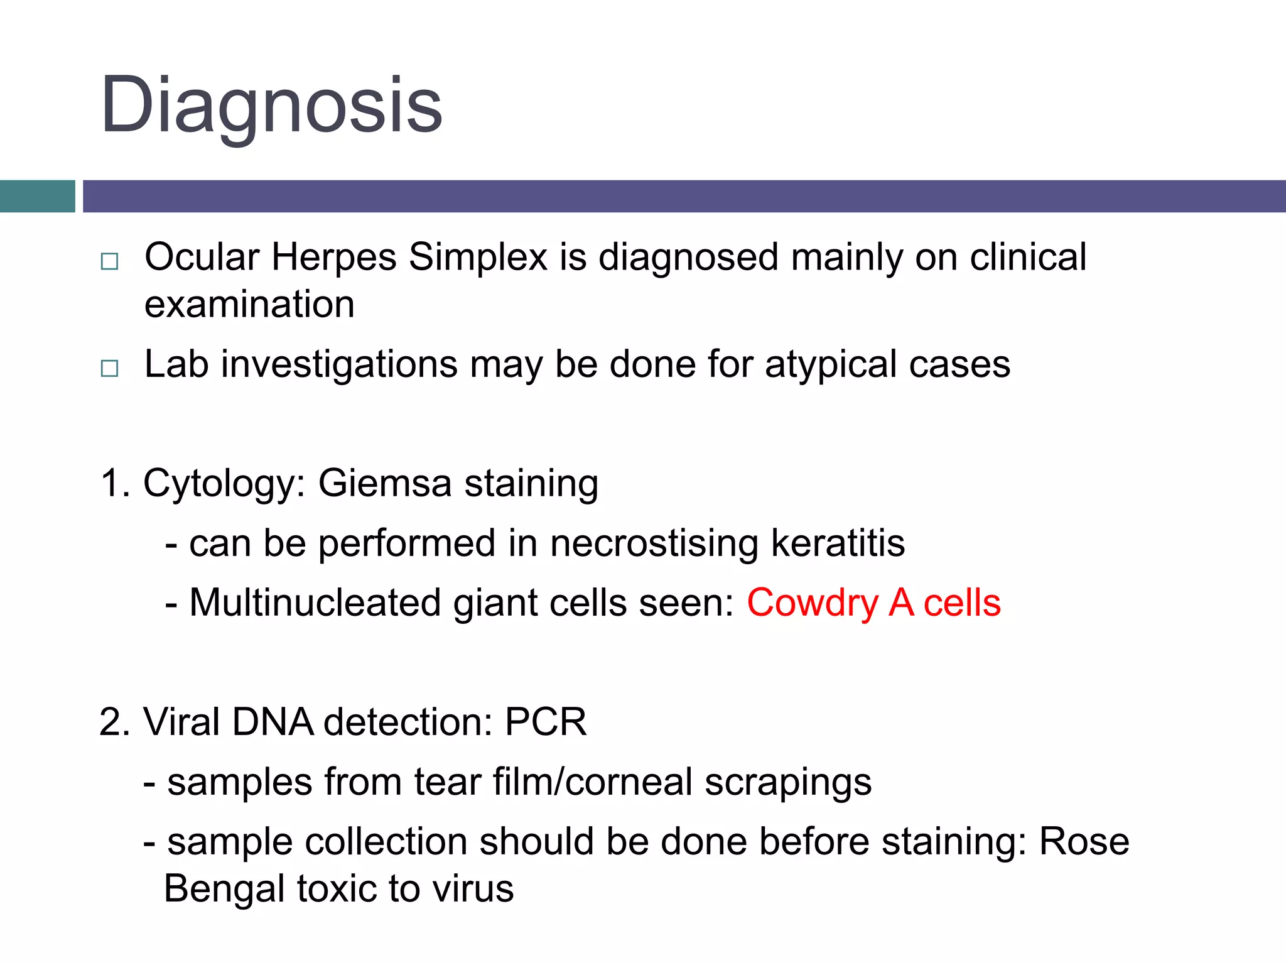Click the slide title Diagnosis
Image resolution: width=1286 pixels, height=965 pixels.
(x=271, y=106)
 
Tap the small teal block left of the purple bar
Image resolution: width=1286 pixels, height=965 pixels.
(x=37, y=196)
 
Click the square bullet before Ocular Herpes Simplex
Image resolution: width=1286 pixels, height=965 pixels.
(x=109, y=261)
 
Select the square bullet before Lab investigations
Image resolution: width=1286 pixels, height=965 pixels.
(x=109, y=368)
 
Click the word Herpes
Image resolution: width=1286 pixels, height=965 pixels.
(x=334, y=258)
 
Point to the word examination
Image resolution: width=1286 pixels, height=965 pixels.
(x=249, y=305)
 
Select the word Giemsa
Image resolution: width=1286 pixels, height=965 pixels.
(x=385, y=484)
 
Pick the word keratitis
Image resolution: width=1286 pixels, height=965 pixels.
(x=838, y=543)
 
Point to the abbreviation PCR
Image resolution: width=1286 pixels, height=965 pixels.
(x=546, y=722)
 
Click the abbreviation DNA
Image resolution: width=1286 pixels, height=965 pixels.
(x=273, y=722)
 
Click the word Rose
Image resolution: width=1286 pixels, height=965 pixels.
(x=1084, y=842)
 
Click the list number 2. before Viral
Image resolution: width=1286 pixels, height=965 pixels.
(x=114, y=722)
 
